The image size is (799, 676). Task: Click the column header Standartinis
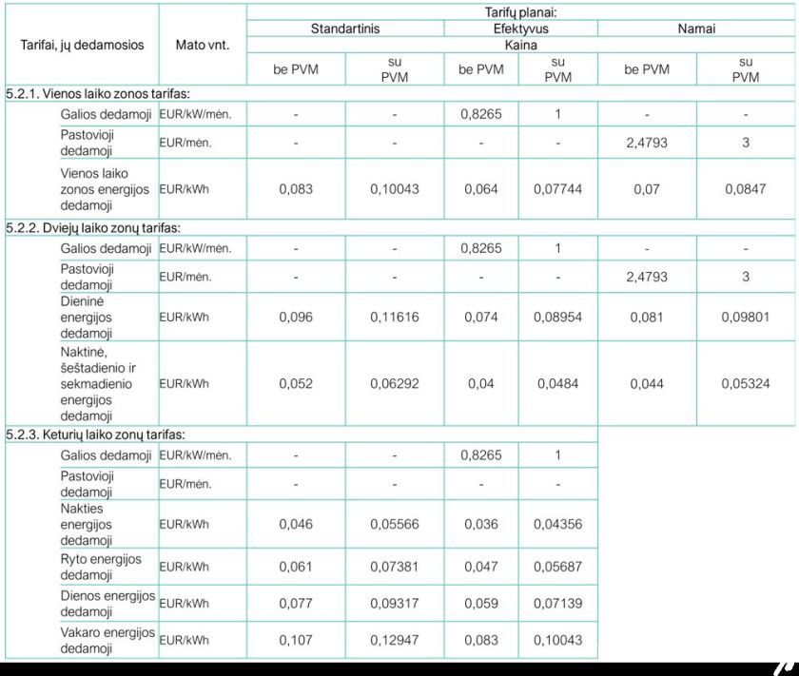(x=344, y=29)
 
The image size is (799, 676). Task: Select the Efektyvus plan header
(x=520, y=29)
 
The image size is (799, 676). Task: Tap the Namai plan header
(x=696, y=29)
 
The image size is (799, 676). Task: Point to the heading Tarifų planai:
(x=521, y=12)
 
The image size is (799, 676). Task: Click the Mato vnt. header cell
(x=201, y=45)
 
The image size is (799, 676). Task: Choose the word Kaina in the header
(x=521, y=44)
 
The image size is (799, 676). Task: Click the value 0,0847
(x=746, y=189)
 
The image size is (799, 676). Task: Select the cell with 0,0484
(x=558, y=384)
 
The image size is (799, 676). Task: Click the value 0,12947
(x=394, y=640)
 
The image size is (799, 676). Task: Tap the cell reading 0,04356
(x=558, y=524)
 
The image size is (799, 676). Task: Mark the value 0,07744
(x=558, y=189)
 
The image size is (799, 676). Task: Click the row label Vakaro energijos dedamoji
(x=107, y=640)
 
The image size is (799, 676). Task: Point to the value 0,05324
(x=746, y=384)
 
